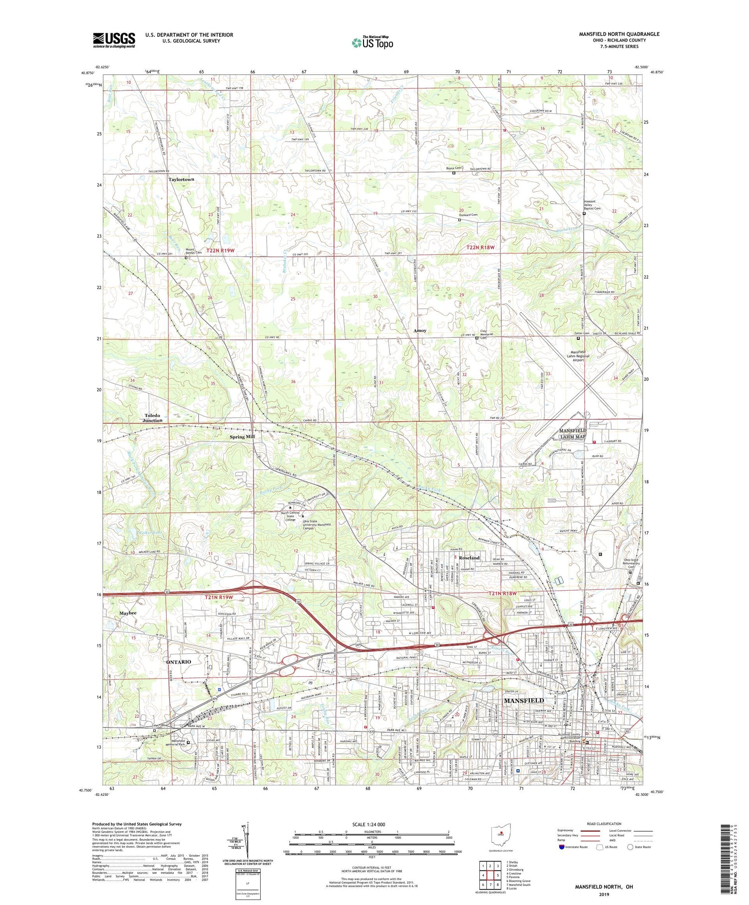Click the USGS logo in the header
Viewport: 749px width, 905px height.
coord(114,40)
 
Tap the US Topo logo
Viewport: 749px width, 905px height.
coord(373,43)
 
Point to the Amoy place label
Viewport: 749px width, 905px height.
coord(419,330)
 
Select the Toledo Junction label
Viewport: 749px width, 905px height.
coord(152,418)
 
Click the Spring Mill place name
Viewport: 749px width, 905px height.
coord(242,437)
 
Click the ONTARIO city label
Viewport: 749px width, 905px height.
coord(178,662)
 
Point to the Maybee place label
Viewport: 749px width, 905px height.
coord(127,613)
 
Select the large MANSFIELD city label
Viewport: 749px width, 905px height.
coord(524,701)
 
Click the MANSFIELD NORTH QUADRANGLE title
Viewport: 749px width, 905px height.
coord(619,34)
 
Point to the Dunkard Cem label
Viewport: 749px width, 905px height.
coord(468,215)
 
